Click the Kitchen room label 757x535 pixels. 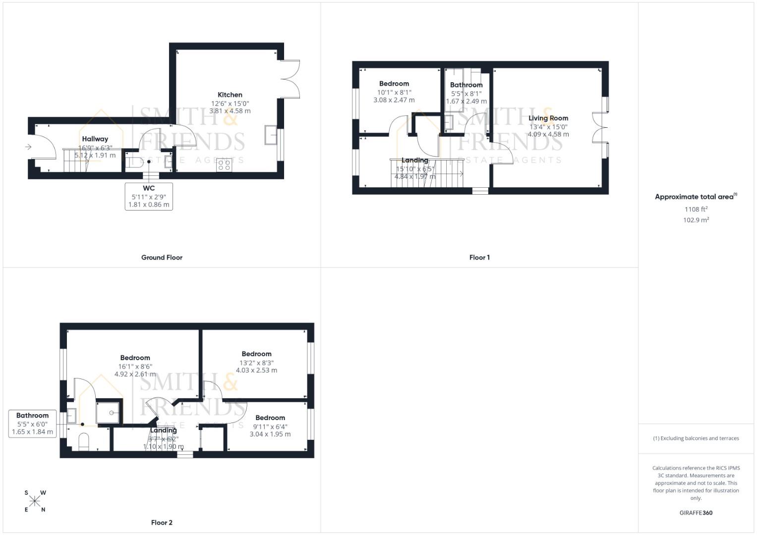point(230,95)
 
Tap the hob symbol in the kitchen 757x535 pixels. point(224,165)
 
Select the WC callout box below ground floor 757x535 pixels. point(149,196)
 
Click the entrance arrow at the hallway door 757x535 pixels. point(29,147)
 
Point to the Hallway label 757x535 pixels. point(95,139)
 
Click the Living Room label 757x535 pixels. point(548,118)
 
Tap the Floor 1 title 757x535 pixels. point(479,258)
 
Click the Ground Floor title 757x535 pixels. point(162,258)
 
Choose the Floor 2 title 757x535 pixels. point(162,523)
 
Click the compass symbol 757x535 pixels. point(35,501)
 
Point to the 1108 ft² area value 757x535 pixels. point(696,209)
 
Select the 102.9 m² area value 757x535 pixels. point(696,220)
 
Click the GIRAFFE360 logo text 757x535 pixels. point(696,513)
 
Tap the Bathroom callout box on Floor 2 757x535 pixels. point(33,424)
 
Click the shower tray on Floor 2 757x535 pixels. point(109,412)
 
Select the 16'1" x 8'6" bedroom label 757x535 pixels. point(135,358)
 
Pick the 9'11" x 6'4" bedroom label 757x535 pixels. point(270,418)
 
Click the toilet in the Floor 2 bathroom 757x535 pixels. point(84,441)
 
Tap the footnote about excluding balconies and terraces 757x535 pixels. point(696,438)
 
